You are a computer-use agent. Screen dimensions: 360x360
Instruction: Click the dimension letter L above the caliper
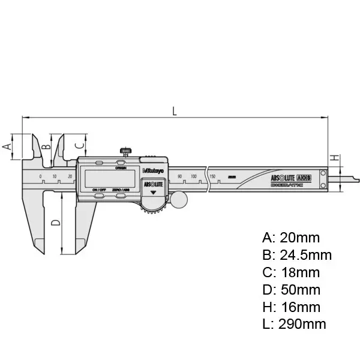point(174,110)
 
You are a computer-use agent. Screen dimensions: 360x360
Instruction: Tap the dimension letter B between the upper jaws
point(43,146)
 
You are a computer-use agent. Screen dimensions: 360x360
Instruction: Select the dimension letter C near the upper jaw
point(78,145)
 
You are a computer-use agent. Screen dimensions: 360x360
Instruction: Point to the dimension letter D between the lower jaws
point(55,223)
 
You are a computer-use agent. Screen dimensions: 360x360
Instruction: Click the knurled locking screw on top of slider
point(127,150)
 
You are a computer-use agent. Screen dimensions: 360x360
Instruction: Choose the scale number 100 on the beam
point(194,176)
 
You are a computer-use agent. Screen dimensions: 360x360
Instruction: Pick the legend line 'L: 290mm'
point(295,325)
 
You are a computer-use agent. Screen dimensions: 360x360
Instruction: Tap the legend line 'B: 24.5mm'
point(297,255)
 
